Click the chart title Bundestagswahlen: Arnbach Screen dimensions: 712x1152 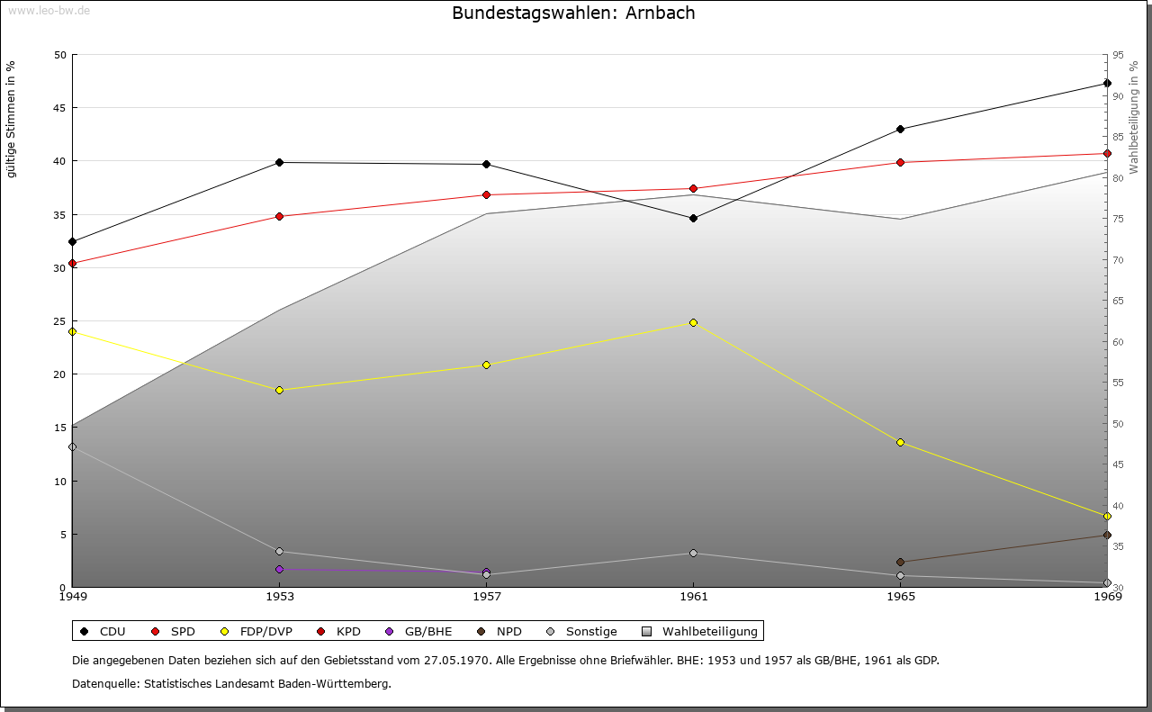pos(573,14)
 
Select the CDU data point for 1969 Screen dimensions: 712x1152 pos(1107,84)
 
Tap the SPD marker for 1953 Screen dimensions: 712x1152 pos(279,216)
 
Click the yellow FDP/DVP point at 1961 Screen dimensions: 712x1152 pos(693,322)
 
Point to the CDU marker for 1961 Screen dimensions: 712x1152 pos(693,218)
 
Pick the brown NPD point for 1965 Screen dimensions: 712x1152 pos(900,562)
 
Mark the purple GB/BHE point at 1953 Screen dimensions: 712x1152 pos(279,569)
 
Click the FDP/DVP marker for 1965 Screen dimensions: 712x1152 pos(900,442)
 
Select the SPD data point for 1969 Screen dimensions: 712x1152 pos(1107,153)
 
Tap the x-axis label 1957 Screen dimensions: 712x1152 pos(486,596)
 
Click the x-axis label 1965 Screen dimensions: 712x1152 pos(900,596)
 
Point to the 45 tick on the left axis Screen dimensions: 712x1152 pos(60,108)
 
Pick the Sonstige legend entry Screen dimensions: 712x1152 pos(586,631)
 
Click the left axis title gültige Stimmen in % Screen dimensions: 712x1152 pos(12,119)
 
